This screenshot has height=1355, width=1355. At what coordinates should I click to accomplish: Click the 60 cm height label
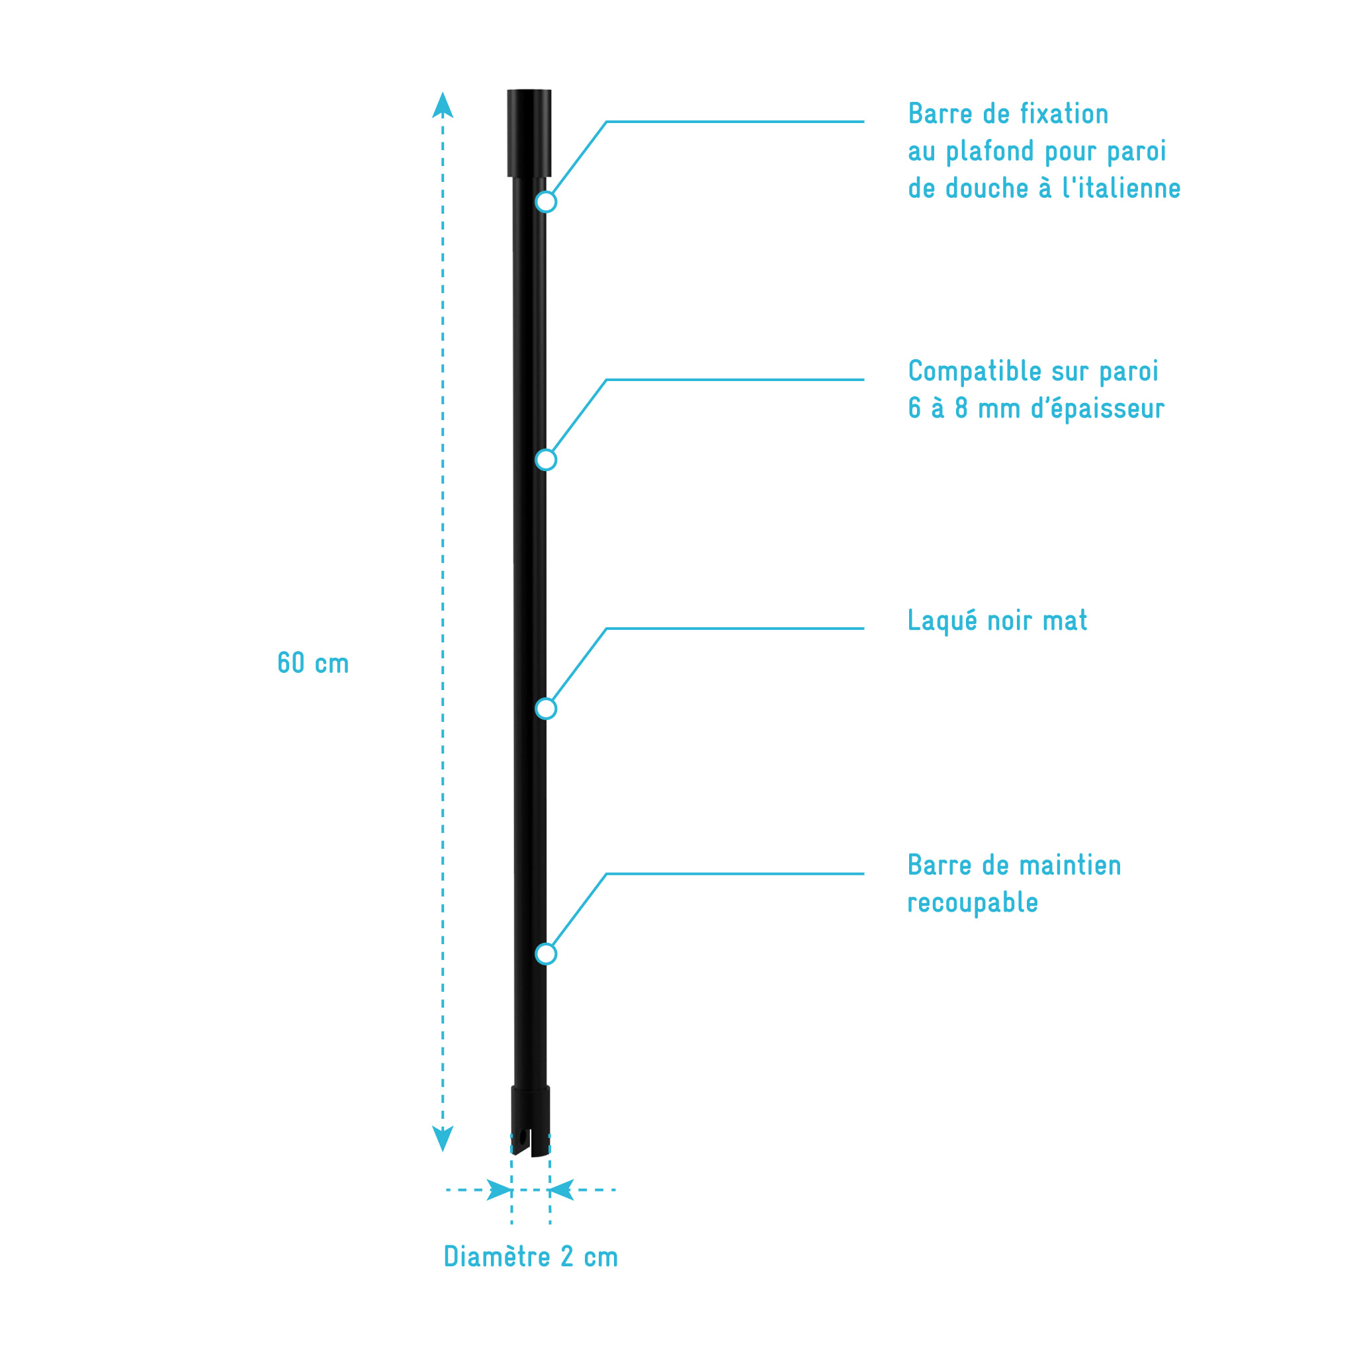313,663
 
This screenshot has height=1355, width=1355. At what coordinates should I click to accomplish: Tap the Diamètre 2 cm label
531,1256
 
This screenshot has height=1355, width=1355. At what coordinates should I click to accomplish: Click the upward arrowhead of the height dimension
443,105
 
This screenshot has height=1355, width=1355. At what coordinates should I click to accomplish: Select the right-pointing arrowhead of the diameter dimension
500,1190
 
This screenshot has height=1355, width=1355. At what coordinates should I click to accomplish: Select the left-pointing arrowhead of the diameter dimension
561,1190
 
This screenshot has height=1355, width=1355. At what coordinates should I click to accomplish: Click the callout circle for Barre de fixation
546,202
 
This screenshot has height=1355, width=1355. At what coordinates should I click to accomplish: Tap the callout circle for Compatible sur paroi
546,460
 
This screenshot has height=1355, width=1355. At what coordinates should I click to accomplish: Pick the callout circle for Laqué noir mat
546,709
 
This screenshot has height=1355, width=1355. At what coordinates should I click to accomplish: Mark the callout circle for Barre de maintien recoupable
546,954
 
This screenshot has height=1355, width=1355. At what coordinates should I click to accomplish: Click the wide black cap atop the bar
529,132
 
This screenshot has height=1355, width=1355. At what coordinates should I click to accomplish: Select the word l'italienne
1121,188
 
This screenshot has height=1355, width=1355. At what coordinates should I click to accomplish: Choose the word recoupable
973,903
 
